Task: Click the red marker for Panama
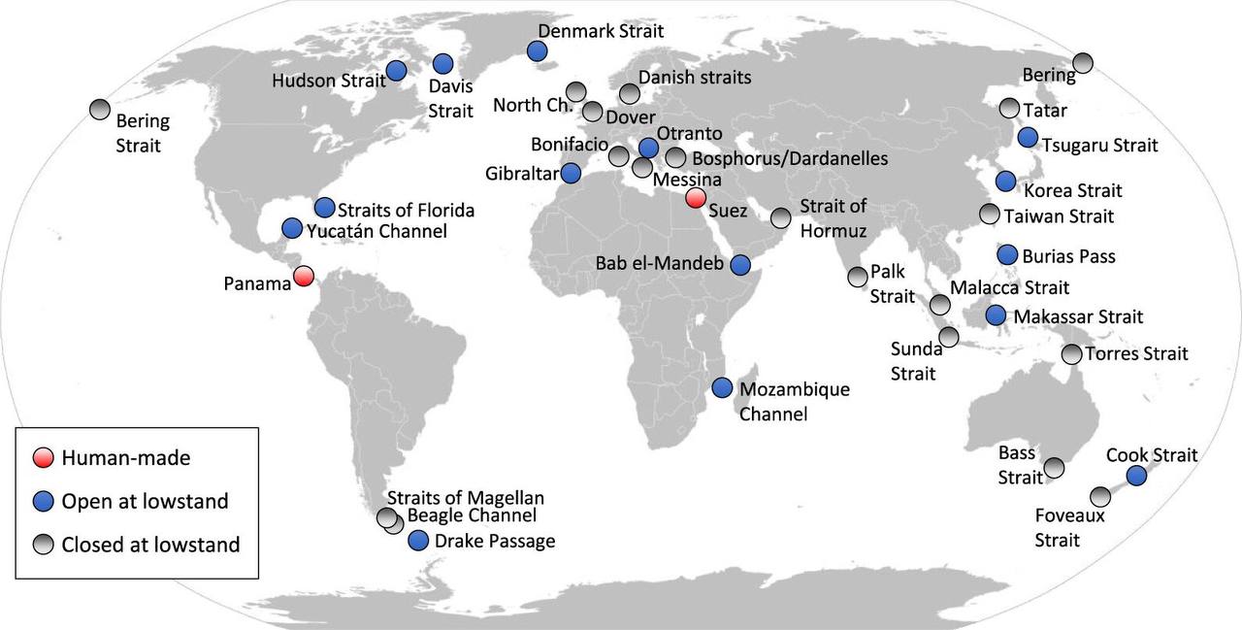click(x=304, y=276)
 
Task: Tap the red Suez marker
click(x=695, y=198)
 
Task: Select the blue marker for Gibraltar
click(x=571, y=174)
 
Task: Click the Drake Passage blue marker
click(x=419, y=541)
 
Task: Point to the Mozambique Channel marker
click(x=722, y=387)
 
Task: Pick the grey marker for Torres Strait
click(x=1071, y=354)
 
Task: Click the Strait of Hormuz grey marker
click(x=781, y=217)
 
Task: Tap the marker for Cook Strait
click(x=1136, y=475)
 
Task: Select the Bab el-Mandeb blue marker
click(x=740, y=263)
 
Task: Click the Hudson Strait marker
click(x=396, y=70)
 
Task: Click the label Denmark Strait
click(x=601, y=31)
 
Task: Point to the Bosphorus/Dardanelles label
click(x=790, y=157)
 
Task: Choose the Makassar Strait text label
click(x=1078, y=316)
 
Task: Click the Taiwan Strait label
click(x=1059, y=216)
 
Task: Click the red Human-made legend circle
click(x=43, y=457)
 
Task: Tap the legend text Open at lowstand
click(x=145, y=501)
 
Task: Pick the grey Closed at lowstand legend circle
click(x=43, y=545)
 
